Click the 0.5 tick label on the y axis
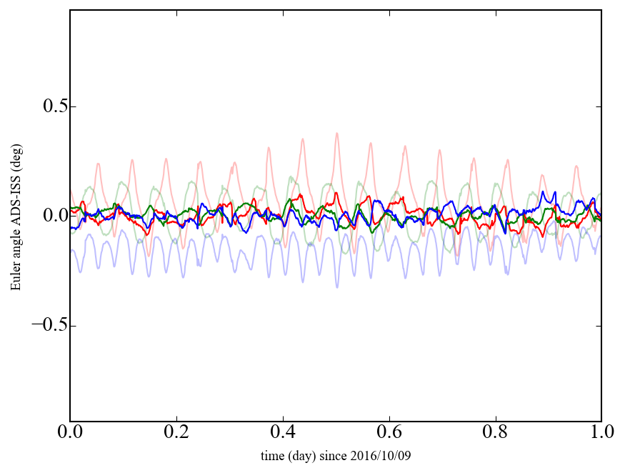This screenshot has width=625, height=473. tap(49, 106)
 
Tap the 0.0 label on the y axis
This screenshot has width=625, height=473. tap(49, 216)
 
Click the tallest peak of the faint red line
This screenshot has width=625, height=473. tap(336, 133)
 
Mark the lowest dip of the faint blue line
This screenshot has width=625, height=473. tap(337, 287)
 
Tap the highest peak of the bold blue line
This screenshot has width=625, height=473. tap(544, 191)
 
